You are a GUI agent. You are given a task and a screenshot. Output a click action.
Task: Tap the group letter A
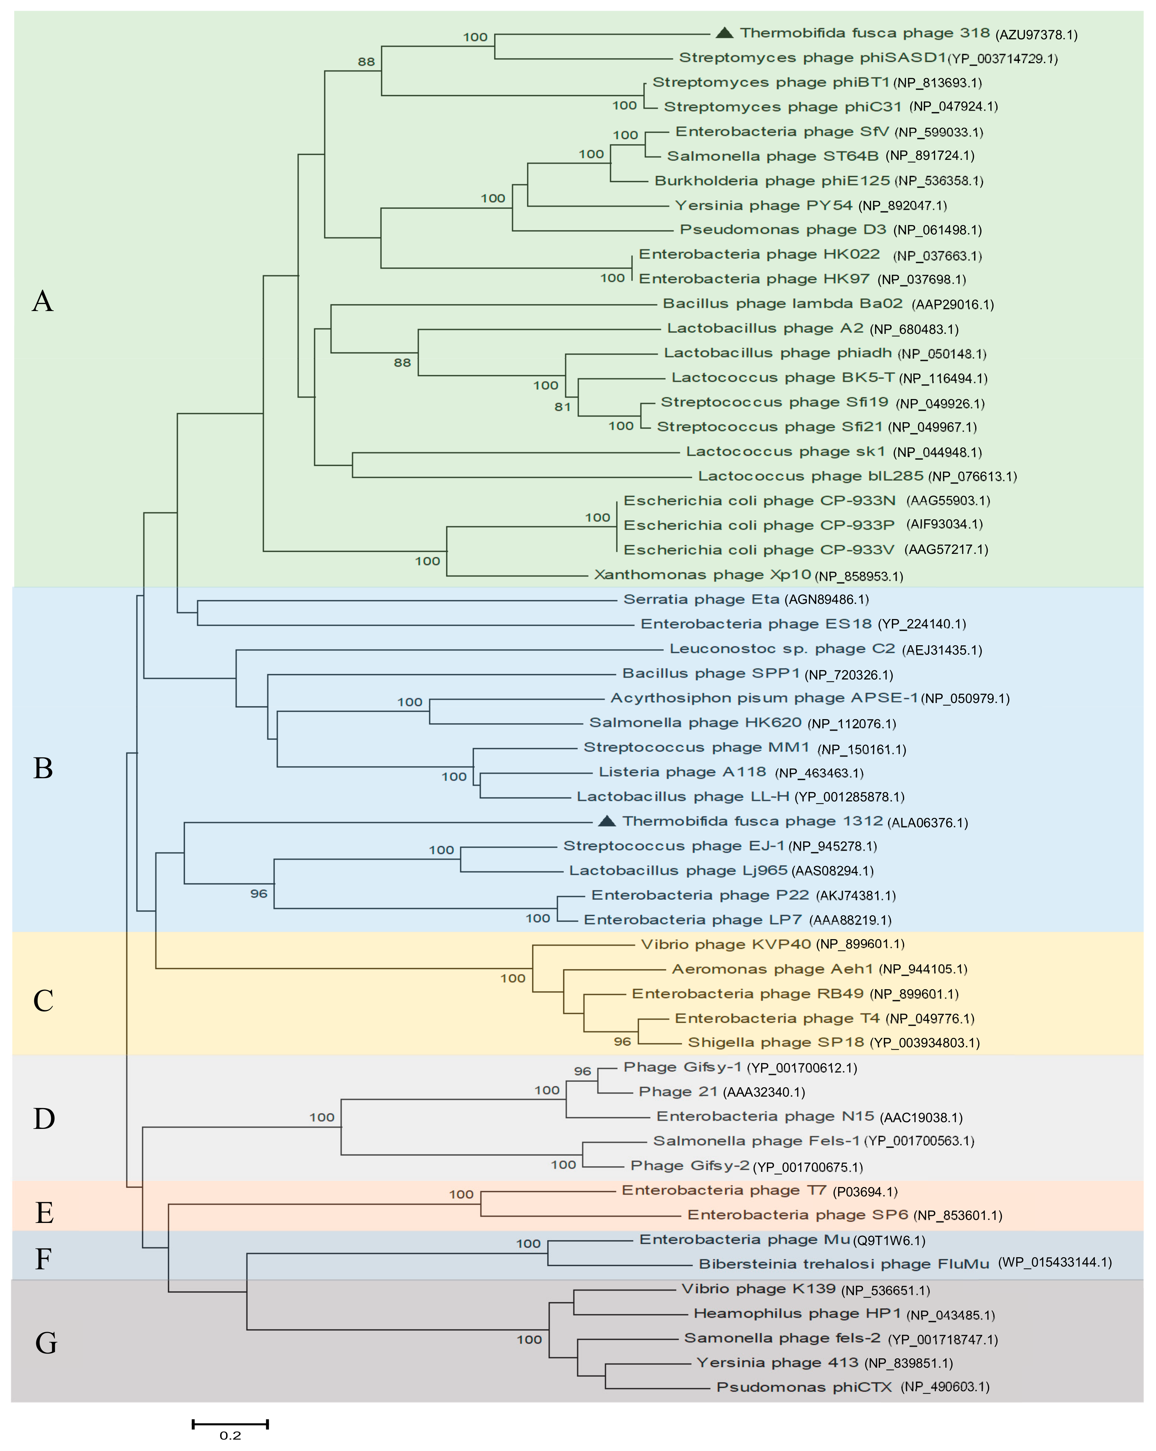(42, 301)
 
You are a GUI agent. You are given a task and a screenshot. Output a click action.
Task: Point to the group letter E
(44, 1213)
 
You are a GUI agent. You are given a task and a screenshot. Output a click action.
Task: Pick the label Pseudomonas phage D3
(782, 229)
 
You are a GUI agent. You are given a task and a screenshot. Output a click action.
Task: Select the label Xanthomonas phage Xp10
(702, 575)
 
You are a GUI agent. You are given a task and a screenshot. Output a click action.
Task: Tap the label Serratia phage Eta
(701, 599)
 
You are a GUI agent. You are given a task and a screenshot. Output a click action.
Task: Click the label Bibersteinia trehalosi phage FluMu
(843, 1264)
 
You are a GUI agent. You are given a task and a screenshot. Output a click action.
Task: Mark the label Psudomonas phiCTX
(804, 1387)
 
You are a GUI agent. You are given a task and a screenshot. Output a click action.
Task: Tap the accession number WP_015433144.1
(1054, 1263)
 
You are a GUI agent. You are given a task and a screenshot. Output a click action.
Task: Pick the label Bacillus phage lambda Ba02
(782, 304)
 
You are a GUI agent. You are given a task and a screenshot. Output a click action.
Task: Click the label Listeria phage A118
(682, 772)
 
